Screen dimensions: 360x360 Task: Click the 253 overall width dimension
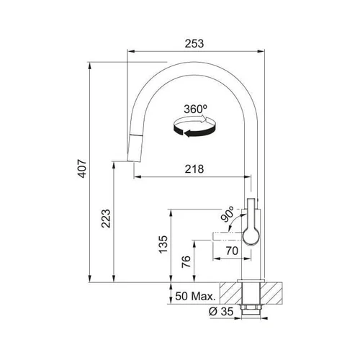(x=194, y=44)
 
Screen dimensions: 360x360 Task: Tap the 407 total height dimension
(x=82, y=168)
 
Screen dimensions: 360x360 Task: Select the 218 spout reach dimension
(x=194, y=169)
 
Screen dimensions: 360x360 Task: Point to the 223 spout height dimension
(x=106, y=218)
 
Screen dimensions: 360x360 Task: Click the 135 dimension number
(x=163, y=244)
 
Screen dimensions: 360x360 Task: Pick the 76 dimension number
(x=186, y=261)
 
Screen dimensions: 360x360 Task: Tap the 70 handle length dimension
(x=232, y=251)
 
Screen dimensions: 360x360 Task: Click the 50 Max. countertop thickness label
(x=196, y=297)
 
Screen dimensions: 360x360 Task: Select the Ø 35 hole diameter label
(x=221, y=312)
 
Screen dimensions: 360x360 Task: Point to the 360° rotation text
(x=196, y=109)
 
